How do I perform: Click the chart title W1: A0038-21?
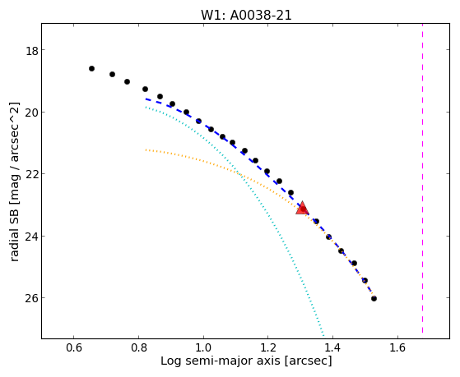pyautogui.click(x=246, y=15)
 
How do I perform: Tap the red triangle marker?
pyautogui.click(x=302, y=208)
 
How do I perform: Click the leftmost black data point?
pyautogui.click(x=91, y=68)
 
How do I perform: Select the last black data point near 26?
pyautogui.click(x=374, y=298)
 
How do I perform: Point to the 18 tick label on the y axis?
pyautogui.click(x=32, y=50)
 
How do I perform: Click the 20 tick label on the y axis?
pyautogui.click(x=31, y=113)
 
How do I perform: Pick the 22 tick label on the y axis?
pyautogui.click(x=31, y=174)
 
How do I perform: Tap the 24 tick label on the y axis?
pyautogui.click(x=31, y=236)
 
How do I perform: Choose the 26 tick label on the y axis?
pyautogui.click(x=31, y=298)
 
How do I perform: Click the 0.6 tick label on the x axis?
pyautogui.click(x=74, y=347)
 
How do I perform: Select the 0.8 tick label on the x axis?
pyautogui.click(x=139, y=347)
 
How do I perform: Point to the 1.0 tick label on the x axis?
pyautogui.click(x=203, y=347)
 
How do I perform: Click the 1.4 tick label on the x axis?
pyautogui.click(x=332, y=347)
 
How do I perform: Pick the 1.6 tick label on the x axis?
pyautogui.click(x=397, y=347)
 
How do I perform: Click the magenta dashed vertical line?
pyautogui.click(x=422, y=178)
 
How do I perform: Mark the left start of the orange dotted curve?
pyautogui.click(x=146, y=150)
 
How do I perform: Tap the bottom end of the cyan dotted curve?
pyautogui.click(x=323, y=336)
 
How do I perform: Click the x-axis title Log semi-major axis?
pyautogui.click(x=220, y=361)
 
